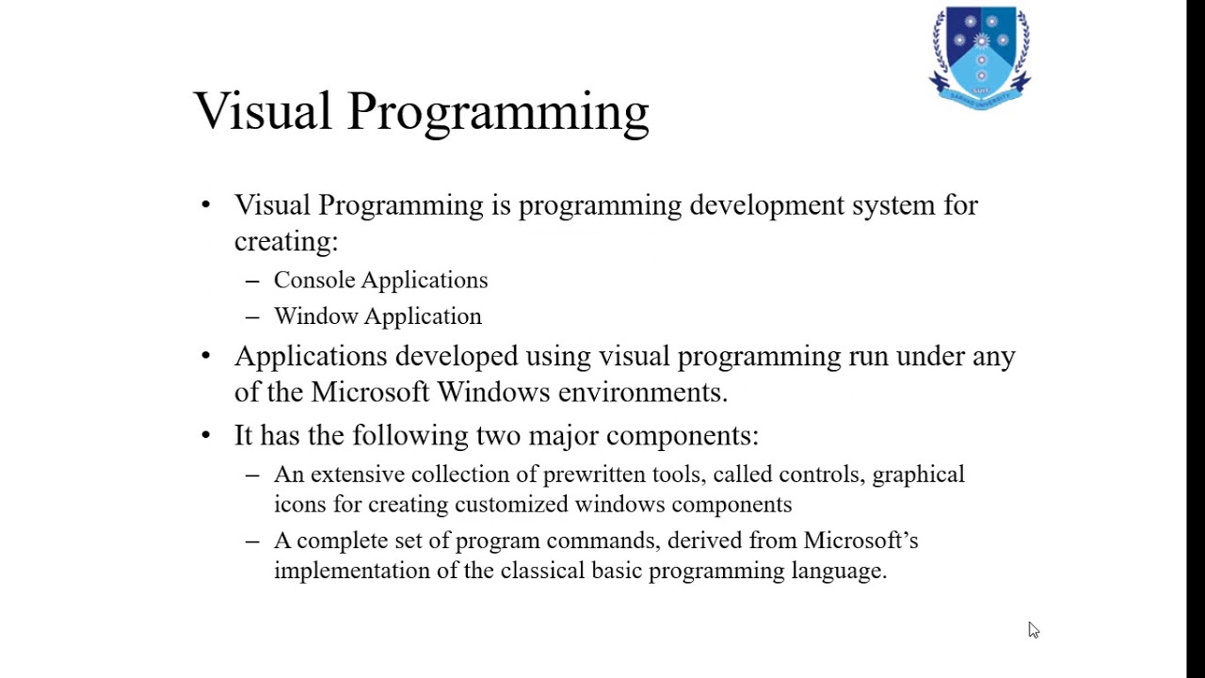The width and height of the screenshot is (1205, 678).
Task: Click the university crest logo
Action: tap(980, 56)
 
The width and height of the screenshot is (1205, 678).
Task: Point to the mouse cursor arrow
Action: tap(1033, 630)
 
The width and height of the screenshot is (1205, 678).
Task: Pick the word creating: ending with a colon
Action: tap(285, 241)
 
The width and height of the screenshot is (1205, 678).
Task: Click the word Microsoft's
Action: tap(860, 541)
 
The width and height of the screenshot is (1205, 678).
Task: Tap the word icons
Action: tap(299, 504)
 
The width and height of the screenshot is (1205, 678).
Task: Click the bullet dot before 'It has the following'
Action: tap(206, 435)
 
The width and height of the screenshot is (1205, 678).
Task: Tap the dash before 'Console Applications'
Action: tap(251, 281)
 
